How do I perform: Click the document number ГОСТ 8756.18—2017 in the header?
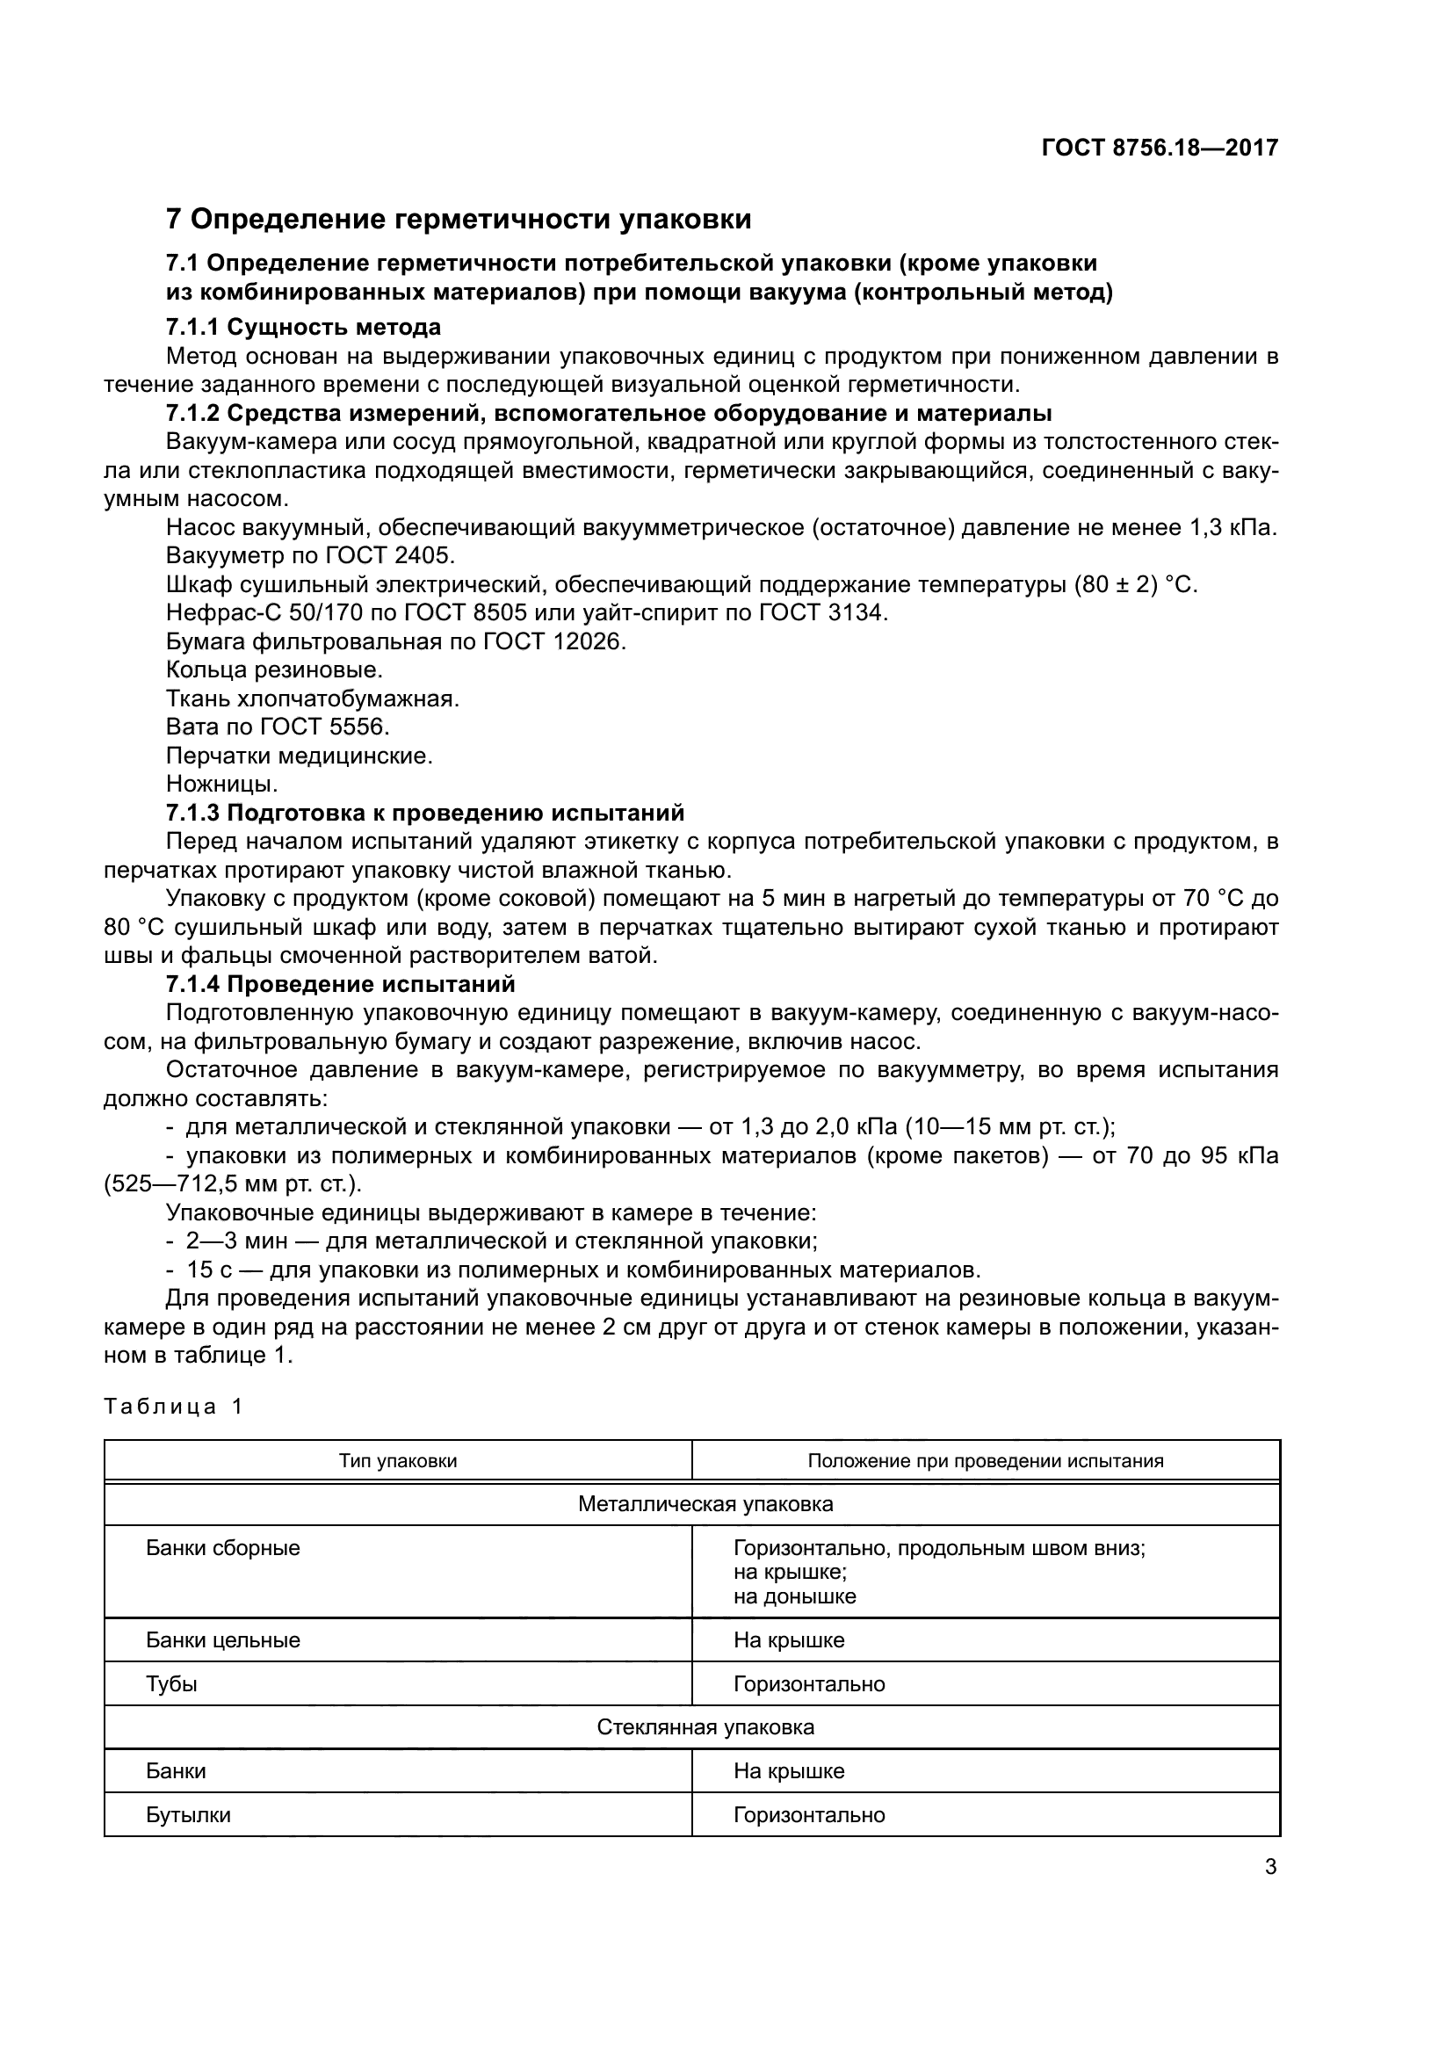(x=1160, y=148)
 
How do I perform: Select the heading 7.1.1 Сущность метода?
(x=303, y=327)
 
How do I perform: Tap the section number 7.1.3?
(x=193, y=813)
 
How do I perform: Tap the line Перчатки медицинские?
(x=299, y=756)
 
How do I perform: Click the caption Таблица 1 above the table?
(x=173, y=1407)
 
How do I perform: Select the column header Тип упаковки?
(x=397, y=1462)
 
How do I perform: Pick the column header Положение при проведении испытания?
(x=985, y=1462)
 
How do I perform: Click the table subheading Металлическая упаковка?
(x=705, y=1504)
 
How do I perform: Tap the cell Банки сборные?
(x=223, y=1548)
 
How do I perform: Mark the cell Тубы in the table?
(x=172, y=1684)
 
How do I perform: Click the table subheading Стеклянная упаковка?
(x=705, y=1727)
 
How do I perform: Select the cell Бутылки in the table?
(x=188, y=1815)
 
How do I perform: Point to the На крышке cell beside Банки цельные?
(x=788, y=1640)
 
